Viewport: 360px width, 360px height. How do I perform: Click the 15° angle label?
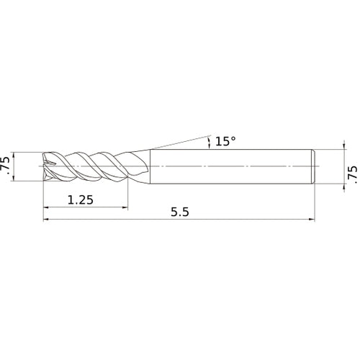point(225,142)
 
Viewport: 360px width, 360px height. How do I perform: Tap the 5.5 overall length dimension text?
point(181,213)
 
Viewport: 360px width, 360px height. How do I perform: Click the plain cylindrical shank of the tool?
point(230,166)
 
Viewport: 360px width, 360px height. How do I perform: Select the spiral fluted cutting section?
point(94,166)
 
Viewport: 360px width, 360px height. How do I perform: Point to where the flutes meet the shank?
point(148,166)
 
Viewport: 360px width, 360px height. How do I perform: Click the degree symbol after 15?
point(233,138)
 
